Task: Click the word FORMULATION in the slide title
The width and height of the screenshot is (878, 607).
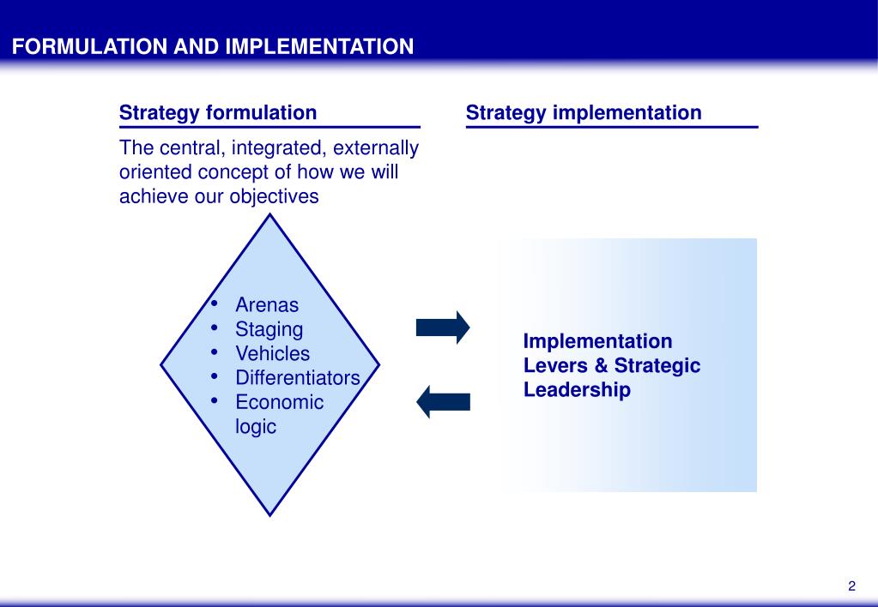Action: click(x=89, y=46)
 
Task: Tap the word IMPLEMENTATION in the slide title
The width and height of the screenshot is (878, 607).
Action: click(x=320, y=46)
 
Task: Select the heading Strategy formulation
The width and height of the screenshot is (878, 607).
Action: click(x=218, y=113)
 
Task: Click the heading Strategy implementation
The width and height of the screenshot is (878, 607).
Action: click(x=584, y=113)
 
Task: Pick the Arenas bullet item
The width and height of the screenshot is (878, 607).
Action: click(x=267, y=305)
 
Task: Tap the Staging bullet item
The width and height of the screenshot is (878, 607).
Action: click(x=269, y=329)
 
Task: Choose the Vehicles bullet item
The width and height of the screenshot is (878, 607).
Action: click(x=273, y=353)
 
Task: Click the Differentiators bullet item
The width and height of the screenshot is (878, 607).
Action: click(x=298, y=377)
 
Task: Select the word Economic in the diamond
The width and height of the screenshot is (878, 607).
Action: click(x=280, y=402)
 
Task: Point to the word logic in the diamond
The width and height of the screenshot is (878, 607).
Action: click(x=256, y=427)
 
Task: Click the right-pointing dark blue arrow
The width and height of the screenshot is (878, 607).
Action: click(x=443, y=328)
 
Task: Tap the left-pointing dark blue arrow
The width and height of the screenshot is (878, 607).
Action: click(x=444, y=402)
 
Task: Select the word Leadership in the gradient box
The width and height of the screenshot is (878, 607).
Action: click(x=577, y=390)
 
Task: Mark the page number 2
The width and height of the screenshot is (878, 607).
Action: click(x=851, y=586)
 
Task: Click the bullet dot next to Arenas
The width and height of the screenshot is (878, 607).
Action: click(x=214, y=303)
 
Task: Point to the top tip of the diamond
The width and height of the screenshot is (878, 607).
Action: click(x=269, y=214)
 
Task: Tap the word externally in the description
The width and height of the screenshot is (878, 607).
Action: click(x=376, y=147)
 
